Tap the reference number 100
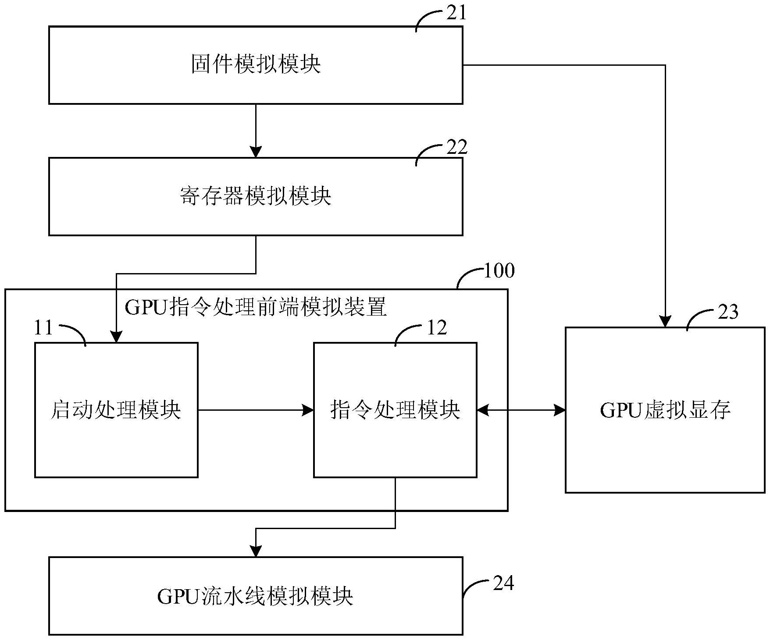499,271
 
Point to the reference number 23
728,312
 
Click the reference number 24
503,583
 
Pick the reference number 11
43,328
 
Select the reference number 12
437,328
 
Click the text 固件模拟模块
256,64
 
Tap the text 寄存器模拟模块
256,196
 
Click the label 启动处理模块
116,410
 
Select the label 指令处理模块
395,410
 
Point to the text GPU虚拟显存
665,410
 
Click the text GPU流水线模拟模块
256,597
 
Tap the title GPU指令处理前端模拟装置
256,307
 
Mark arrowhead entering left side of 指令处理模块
309,410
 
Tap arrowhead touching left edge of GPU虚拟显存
560,410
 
